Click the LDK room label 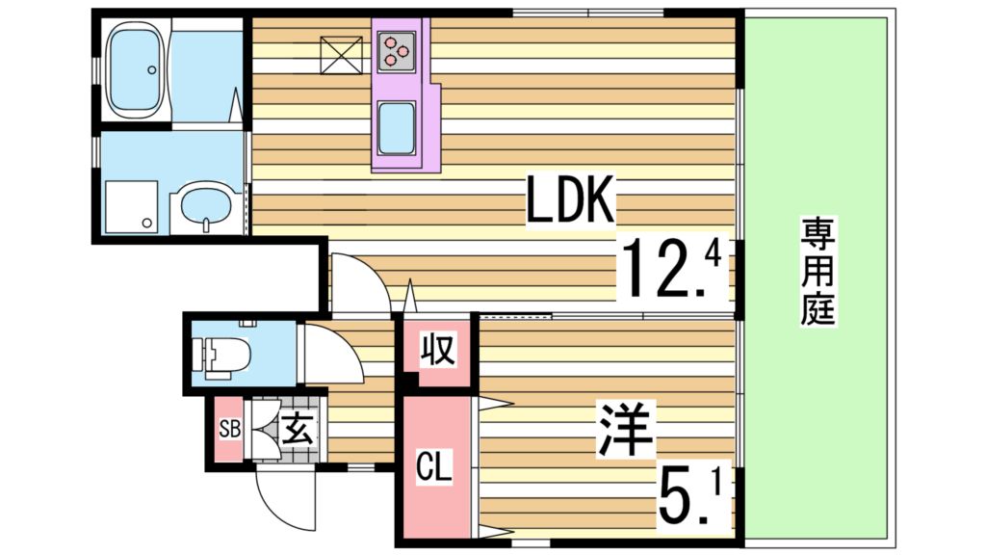(x=570, y=201)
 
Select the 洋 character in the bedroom (x=627, y=430)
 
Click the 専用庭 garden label (x=817, y=272)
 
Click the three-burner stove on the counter (x=397, y=51)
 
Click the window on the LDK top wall (x=587, y=13)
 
